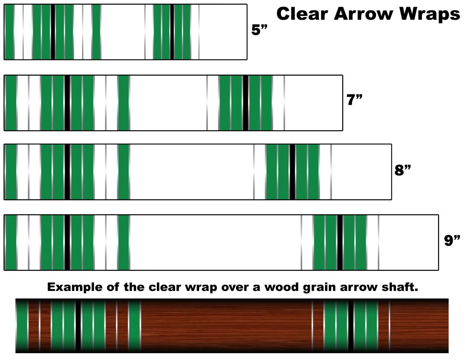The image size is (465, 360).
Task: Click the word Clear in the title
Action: coord(302,14)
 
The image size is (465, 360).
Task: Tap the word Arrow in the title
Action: coord(364,14)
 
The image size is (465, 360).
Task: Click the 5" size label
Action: coord(259,30)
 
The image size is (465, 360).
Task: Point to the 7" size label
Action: coord(354,100)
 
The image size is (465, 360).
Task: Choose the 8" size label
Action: coord(403,170)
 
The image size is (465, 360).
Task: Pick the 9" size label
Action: coord(452,240)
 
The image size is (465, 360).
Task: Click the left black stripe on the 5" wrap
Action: coord(53,32)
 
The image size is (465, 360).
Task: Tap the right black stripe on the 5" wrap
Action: coord(172,32)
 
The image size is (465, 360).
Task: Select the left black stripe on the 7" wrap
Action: coord(67,103)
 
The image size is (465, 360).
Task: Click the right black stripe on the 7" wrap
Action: coord(246,103)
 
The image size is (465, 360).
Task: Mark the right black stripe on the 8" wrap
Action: coord(292,172)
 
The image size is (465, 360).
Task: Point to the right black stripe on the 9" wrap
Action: coord(340,242)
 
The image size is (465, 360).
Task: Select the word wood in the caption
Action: coord(282,287)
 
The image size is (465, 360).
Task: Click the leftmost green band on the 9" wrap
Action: coord(11,242)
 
